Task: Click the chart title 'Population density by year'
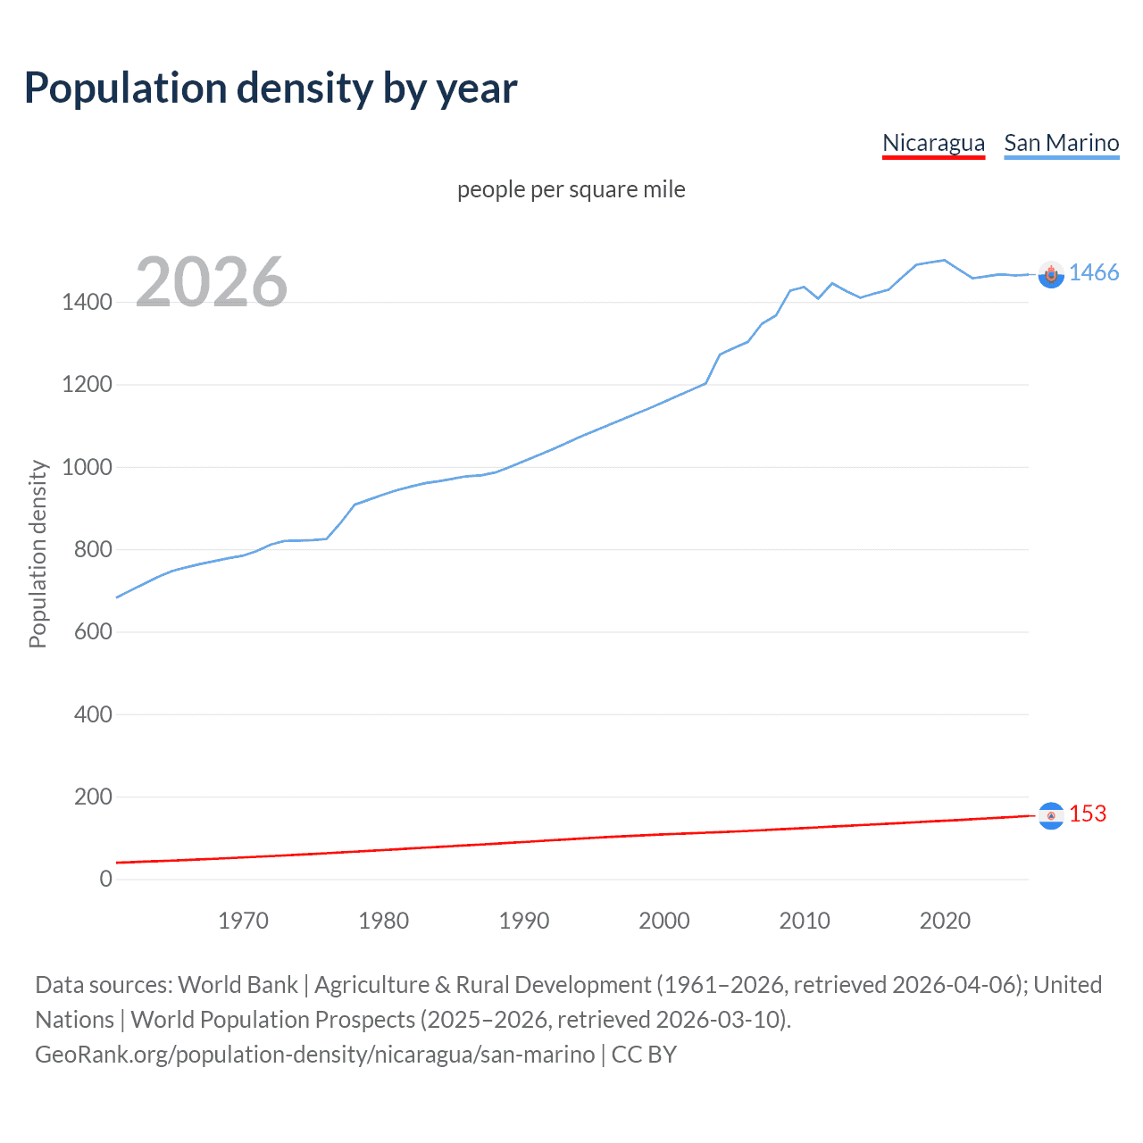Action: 271,88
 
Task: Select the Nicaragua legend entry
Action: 933,143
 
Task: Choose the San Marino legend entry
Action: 1061,143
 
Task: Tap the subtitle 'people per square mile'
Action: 571,189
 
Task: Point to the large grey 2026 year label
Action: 212,282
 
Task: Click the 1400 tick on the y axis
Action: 87,302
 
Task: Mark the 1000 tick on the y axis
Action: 87,467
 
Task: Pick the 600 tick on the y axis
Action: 93,631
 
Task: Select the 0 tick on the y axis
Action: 105,879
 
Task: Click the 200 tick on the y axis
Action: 93,797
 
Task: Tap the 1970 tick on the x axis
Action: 243,921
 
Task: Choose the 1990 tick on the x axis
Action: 524,921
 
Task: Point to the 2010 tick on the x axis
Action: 805,921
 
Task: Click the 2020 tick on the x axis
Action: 945,921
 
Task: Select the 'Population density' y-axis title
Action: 38,554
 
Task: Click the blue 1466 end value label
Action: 1093,273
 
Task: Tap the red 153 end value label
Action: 1087,813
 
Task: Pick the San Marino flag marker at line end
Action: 1051,275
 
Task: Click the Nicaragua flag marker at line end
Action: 1051,815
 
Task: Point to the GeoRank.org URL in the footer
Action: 314,1055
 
